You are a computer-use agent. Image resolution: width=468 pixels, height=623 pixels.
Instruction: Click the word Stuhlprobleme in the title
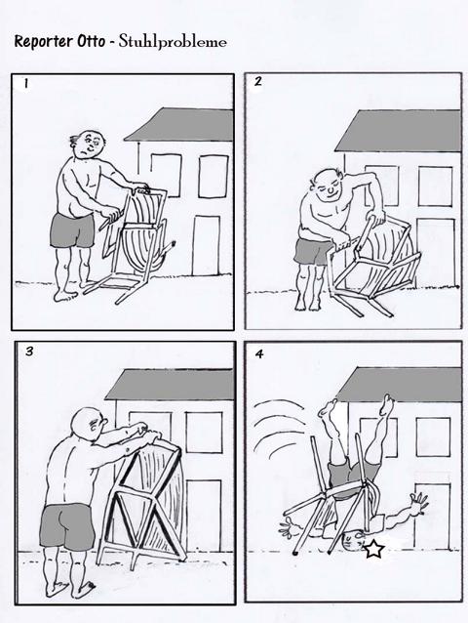(x=173, y=42)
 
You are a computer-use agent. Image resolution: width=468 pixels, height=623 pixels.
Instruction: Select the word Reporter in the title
(x=44, y=42)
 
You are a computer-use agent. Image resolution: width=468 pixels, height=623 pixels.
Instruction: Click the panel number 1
(x=25, y=83)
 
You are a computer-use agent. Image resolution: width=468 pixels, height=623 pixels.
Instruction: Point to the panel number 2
(x=258, y=81)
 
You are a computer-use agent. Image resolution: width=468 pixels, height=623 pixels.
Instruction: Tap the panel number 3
(x=29, y=352)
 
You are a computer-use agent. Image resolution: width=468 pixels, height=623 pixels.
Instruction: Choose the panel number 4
(x=259, y=353)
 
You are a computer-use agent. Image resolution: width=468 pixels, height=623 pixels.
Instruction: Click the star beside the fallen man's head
(x=373, y=549)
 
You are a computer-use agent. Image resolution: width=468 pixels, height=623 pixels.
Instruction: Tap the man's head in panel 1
(x=89, y=145)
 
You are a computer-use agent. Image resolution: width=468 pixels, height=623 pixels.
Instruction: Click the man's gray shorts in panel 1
(x=72, y=230)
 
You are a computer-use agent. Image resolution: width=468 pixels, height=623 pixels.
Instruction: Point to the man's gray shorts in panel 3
(x=67, y=526)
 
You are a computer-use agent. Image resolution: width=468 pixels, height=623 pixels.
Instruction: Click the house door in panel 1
(x=207, y=245)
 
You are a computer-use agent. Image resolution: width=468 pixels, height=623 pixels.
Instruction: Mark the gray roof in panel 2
(x=398, y=131)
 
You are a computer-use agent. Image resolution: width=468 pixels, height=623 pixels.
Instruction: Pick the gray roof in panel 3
(x=171, y=384)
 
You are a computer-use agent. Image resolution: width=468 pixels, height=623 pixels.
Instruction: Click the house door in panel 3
(x=204, y=515)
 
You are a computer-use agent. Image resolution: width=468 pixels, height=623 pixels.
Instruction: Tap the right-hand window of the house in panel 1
(x=214, y=177)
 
